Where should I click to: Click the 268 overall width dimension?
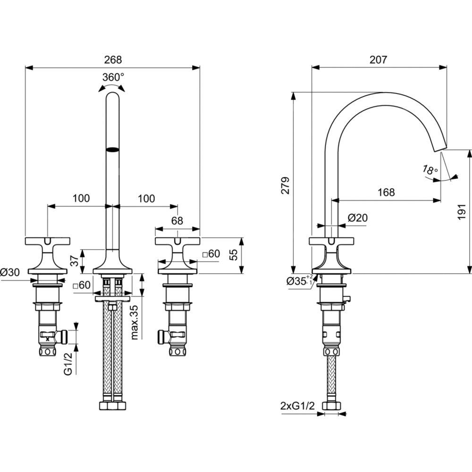point(112,60)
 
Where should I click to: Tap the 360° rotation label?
point(113,77)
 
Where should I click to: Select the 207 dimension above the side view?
point(379,60)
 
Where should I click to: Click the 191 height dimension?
point(463,212)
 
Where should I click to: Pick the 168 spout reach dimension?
point(386,193)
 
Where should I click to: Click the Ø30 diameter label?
point(10,272)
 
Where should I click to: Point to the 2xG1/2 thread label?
point(297,405)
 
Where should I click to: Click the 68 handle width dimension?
point(177,220)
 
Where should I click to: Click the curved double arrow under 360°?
point(112,87)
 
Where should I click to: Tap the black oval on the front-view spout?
point(112,150)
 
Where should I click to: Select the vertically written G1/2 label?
point(69,364)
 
